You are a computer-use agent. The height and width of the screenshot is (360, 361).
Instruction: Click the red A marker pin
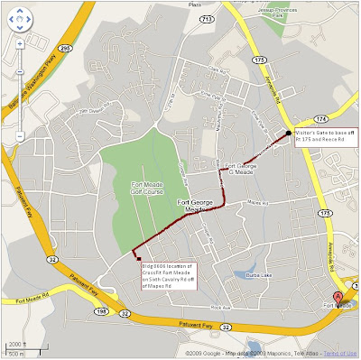(338, 297)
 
